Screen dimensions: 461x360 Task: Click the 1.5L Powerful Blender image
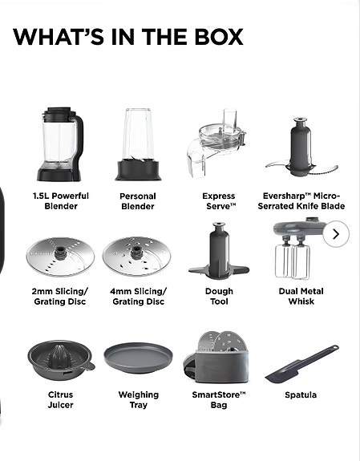point(59,144)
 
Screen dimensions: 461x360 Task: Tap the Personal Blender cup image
point(137,144)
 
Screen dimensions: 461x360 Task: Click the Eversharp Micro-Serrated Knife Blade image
point(301,148)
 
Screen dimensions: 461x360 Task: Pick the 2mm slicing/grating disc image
point(60,255)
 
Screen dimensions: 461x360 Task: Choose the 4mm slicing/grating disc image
point(138,255)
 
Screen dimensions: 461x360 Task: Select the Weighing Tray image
point(138,358)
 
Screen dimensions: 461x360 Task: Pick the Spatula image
point(301,362)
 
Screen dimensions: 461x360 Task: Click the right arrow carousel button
point(336,234)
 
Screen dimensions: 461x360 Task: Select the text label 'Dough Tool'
point(219,297)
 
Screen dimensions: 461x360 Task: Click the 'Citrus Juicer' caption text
point(60,399)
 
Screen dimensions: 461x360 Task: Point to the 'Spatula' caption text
point(301,394)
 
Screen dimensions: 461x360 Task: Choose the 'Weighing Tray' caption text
point(138,399)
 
